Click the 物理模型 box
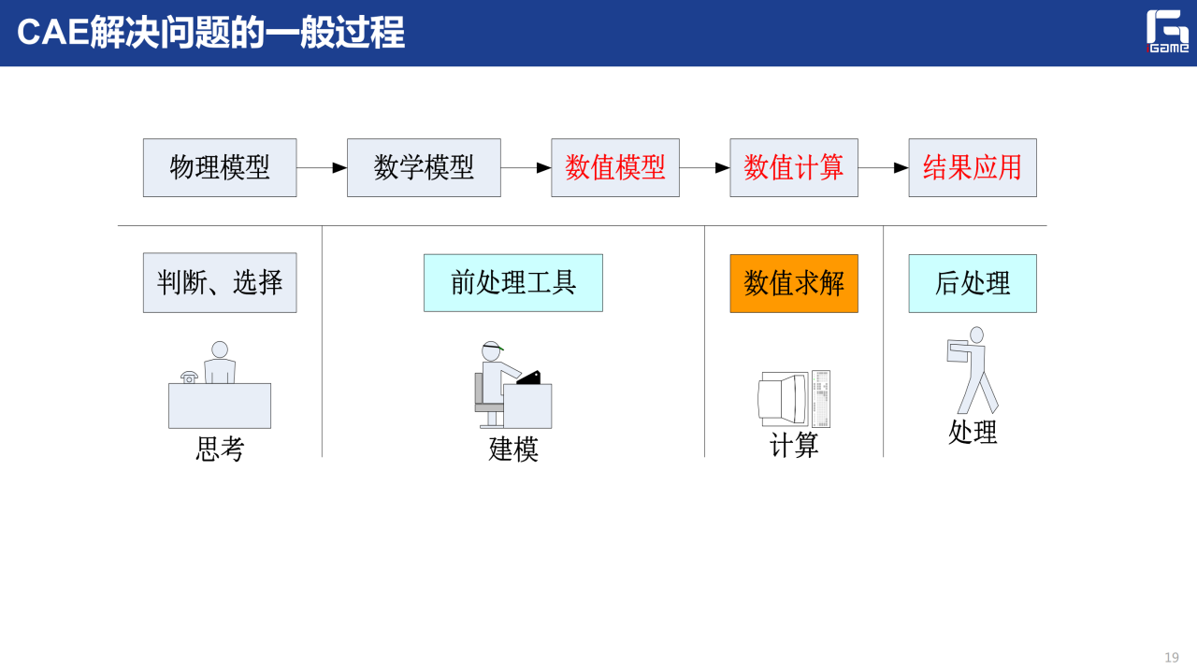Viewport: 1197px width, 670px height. [220, 168]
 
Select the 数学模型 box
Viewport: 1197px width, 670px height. [424, 168]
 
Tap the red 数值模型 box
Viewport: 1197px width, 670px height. [615, 168]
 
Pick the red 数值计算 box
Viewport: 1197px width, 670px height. [794, 168]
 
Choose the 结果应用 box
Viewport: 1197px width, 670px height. [973, 168]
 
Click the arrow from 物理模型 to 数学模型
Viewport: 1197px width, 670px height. [322, 168]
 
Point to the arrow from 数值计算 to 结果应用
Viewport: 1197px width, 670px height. [884, 168]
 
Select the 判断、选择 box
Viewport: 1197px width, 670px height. [220, 282]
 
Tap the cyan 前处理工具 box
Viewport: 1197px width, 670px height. [513, 282]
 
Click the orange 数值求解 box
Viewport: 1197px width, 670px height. [794, 282]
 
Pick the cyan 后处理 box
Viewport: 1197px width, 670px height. [973, 282]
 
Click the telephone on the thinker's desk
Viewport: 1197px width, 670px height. [190, 377]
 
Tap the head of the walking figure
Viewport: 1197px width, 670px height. [976, 335]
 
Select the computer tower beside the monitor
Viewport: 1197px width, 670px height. [821, 399]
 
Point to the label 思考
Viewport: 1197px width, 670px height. [220, 449]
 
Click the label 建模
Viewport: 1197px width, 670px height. [513, 449]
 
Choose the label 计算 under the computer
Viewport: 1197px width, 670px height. [794, 445]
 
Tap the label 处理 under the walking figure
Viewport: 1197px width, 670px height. [973, 432]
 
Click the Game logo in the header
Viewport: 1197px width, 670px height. [1168, 32]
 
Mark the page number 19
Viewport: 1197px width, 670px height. [1172, 658]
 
